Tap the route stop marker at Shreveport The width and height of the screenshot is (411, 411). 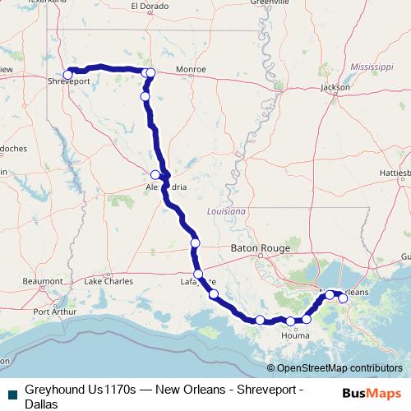(x=68, y=75)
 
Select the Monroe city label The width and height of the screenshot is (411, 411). (x=191, y=71)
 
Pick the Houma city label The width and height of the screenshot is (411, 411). (x=294, y=335)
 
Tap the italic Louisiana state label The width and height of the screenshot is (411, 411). (x=227, y=211)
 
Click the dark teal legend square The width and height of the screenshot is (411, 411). (x=10, y=393)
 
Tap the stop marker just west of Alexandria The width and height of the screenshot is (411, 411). (x=155, y=174)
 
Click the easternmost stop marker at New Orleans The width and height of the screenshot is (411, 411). (x=343, y=298)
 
